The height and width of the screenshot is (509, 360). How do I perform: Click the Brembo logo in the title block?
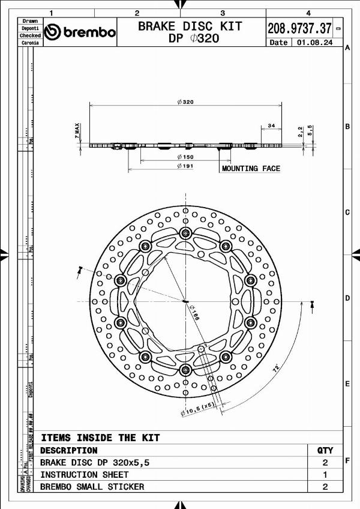pyautogui.click(x=80, y=32)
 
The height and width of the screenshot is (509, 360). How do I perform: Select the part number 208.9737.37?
pyautogui.click(x=299, y=28)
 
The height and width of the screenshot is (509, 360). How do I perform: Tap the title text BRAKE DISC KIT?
pyautogui.click(x=190, y=26)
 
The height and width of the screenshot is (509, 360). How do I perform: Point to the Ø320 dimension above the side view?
pyautogui.click(x=185, y=102)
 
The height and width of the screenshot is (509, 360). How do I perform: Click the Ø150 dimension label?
pyautogui.click(x=185, y=157)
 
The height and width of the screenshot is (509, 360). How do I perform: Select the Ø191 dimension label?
pyautogui.click(x=185, y=166)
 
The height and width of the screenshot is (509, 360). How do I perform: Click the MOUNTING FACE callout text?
pyautogui.click(x=251, y=169)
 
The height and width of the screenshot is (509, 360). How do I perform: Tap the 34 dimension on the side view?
pyautogui.click(x=271, y=125)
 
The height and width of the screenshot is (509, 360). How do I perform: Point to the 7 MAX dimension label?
pyautogui.click(x=77, y=131)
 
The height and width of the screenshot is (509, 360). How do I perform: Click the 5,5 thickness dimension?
pyautogui.click(x=310, y=130)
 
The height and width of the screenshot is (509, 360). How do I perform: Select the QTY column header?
pyautogui.click(x=325, y=450)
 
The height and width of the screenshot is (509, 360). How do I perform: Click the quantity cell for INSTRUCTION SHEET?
pyautogui.click(x=325, y=475)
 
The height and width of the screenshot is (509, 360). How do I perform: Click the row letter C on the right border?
pyautogui.click(x=347, y=212)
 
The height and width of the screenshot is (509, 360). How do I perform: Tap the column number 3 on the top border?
pyautogui.click(x=223, y=13)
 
